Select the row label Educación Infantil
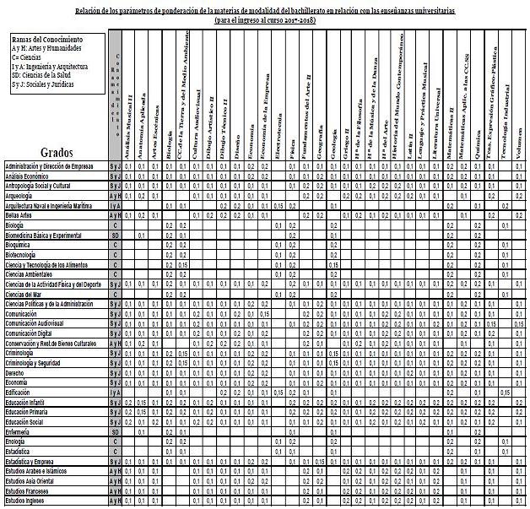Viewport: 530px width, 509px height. point(29,403)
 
